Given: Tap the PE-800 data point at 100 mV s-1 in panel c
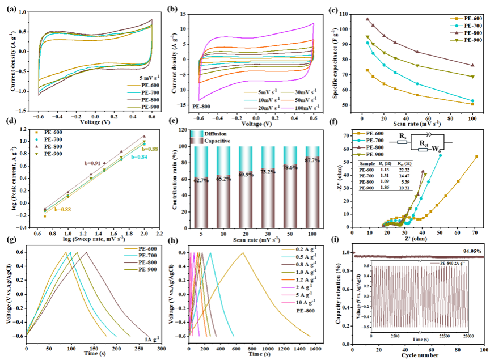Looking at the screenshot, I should tap(472, 65).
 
